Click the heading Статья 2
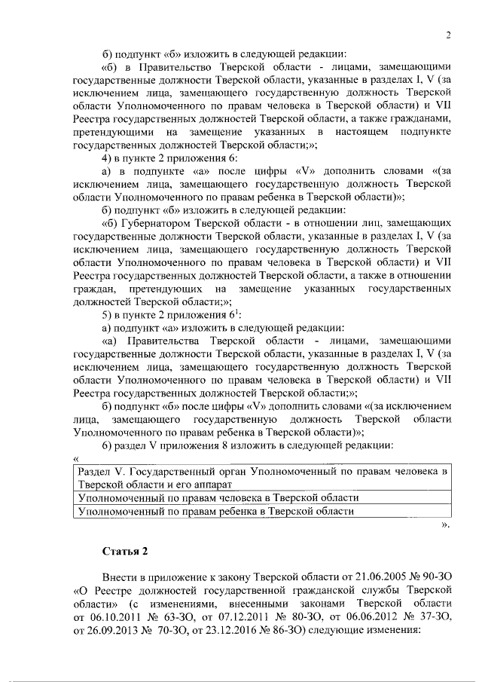coord(127,549)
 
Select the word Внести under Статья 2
coord(121,575)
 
